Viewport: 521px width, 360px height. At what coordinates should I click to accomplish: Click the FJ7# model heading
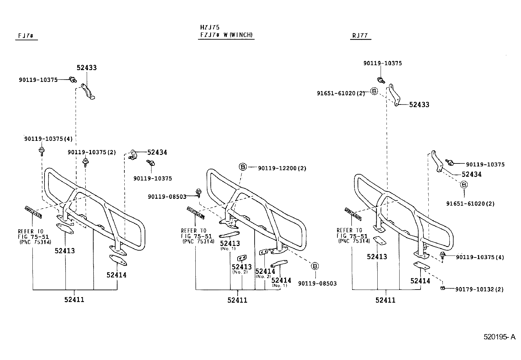pos(26,36)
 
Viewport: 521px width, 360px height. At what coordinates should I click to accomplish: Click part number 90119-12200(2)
pos(282,168)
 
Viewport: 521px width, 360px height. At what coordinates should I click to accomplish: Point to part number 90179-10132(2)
pos(479,289)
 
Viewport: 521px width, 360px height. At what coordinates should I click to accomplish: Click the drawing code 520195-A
pos(499,337)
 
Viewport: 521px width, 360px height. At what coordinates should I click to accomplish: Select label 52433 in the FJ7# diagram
pos(87,68)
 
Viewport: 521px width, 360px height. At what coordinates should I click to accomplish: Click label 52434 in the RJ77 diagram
pos(472,174)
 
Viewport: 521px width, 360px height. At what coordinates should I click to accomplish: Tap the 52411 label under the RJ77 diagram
pos(385,300)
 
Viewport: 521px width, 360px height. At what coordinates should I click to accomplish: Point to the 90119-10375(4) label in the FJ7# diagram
pos(48,139)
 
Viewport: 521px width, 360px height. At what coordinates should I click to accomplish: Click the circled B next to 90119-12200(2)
pos(243,167)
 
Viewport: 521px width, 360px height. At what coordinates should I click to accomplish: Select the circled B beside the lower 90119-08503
pos(314,266)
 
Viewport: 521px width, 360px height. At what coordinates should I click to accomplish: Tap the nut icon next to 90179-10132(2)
pos(442,288)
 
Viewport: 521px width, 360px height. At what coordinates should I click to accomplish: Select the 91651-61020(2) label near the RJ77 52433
pos(340,93)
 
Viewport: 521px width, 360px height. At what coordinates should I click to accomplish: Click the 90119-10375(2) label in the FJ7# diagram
pos(92,152)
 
